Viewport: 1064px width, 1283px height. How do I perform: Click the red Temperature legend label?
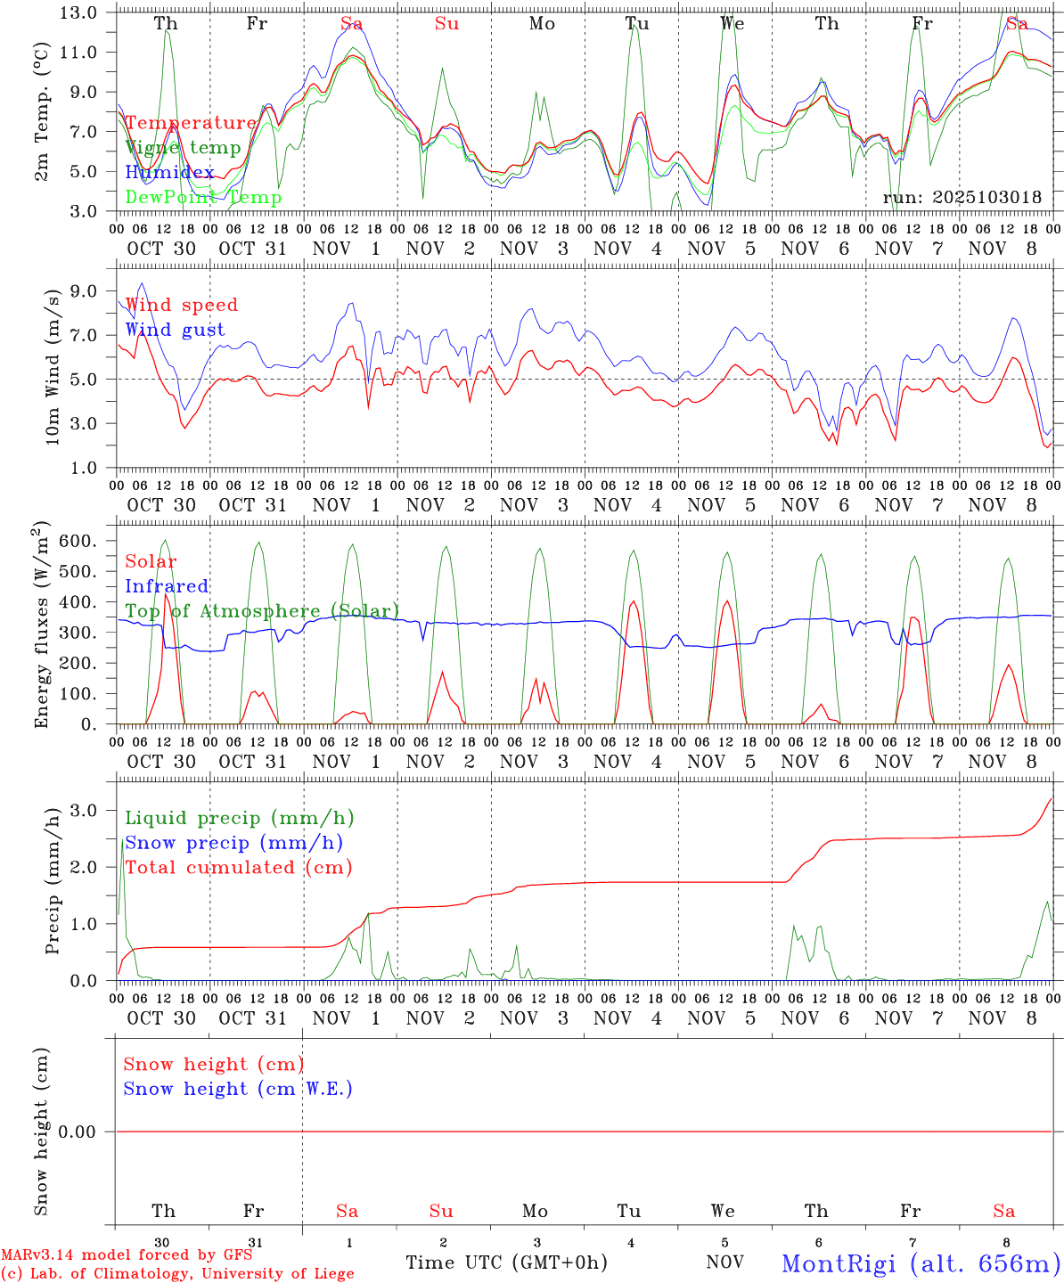(190, 123)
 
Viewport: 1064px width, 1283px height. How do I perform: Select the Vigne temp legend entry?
(183, 148)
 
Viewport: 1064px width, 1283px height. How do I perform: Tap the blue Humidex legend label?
(169, 173)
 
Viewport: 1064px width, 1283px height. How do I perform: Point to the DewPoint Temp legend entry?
(203, 197)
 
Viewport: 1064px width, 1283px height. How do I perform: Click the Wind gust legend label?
(175, 330)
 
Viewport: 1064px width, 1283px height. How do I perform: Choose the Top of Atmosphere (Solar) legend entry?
(262, 611)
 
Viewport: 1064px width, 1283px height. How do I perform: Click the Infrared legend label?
(167, 586)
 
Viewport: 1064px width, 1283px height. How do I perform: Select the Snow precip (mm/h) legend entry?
(234, 843)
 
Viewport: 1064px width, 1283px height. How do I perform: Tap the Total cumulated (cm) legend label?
(239, 868)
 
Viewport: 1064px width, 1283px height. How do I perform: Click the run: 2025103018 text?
(962, 198)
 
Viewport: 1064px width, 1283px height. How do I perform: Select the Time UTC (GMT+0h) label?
(506, 1263)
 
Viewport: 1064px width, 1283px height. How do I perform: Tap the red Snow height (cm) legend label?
(213, 1064)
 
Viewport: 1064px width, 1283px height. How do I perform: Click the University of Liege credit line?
(177, 1274)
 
